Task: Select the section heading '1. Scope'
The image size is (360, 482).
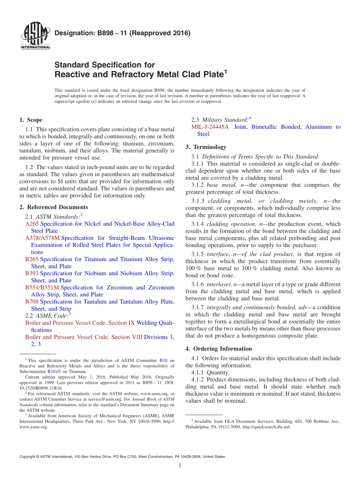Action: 31,120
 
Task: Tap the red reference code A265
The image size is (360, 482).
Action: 32,224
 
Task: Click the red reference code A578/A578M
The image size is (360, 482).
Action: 42,238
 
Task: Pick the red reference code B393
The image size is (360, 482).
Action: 32,273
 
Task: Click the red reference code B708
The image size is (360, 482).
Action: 32,302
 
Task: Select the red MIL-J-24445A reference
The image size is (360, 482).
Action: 210,127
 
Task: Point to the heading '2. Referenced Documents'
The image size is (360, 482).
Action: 54,207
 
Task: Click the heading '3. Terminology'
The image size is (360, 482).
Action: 206,147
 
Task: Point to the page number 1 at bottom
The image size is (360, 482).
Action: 180,465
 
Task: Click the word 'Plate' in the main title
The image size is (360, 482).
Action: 211,74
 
